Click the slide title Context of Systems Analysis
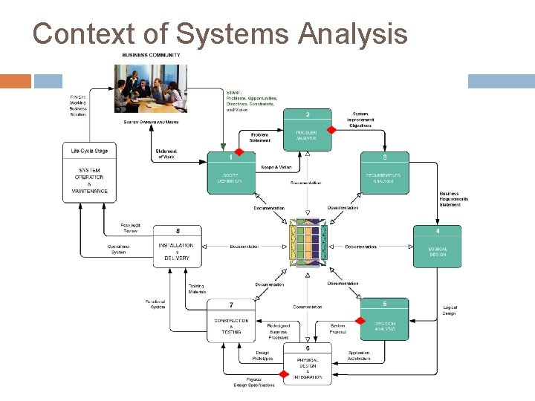220,33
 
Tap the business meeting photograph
150,88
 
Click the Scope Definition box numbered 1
230,172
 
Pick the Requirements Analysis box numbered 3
384,172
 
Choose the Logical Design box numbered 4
437,247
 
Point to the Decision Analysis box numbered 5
384,320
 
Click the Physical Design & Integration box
308,363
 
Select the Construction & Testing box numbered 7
230,320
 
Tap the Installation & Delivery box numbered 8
177,247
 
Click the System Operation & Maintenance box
90,172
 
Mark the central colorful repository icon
308,241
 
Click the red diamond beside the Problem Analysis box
331,129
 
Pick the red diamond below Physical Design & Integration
283,374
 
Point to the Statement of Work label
166,154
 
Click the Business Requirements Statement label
454,199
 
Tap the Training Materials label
196,288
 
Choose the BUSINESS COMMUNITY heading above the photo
151,55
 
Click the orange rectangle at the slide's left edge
16,81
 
